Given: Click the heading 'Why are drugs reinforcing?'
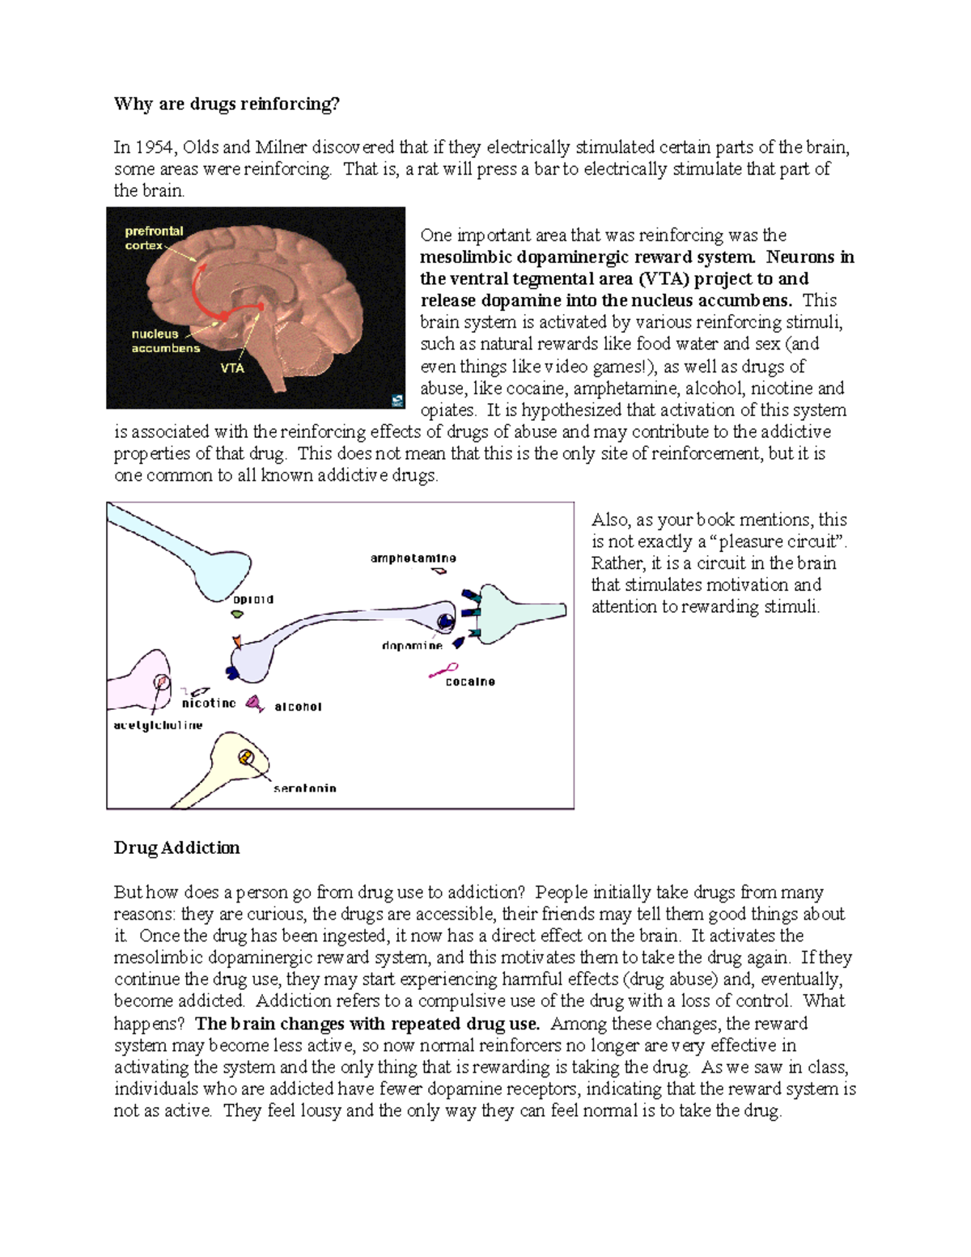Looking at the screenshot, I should pos(227,104).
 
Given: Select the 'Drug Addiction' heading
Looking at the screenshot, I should pos(176,847).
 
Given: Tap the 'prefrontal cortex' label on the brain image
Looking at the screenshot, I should pos(153,238).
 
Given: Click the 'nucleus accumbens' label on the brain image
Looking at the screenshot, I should pos(165,341).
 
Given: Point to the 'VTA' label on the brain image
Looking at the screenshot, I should pos(232,368).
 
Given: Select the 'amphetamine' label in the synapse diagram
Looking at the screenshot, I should pos(413,558).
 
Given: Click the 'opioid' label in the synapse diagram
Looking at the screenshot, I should pos(253,600).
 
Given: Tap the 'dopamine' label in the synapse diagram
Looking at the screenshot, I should pos(412,646).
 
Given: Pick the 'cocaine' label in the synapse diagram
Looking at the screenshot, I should pos(470,682).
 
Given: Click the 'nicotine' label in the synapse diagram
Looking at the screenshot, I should pos(209,703).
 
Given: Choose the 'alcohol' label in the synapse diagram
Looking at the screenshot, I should pos(298,707).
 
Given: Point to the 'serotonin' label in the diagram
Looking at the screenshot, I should pos(304,788).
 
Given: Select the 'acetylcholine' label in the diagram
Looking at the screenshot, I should pos(158,725).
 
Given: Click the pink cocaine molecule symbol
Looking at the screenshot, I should pos(443,670).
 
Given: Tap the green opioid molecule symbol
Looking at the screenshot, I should pos(237,614).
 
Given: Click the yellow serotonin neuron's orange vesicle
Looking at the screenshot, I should pos(246,758).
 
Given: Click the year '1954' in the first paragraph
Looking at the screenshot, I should pos(154,147).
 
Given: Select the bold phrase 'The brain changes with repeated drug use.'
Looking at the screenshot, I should pos(367,1023).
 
